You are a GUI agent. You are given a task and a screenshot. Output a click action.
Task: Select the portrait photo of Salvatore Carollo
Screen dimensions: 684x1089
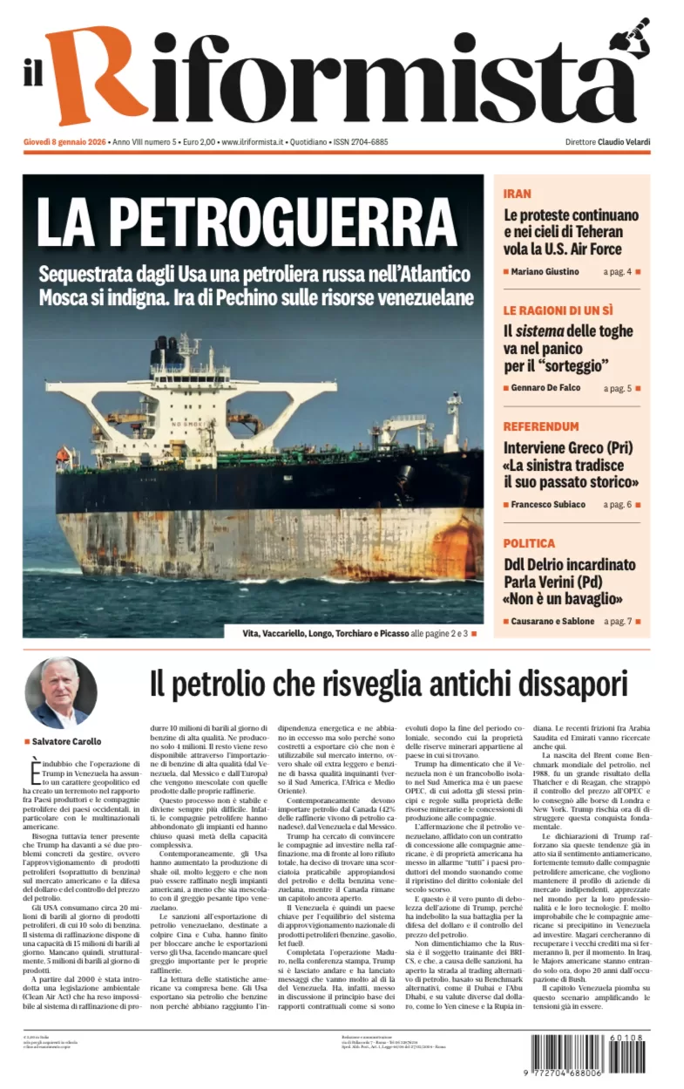pyautogui.click(x=60, y=692)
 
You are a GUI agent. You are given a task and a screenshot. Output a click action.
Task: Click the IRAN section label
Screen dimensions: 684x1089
pyautogui.click(x=517, y=194)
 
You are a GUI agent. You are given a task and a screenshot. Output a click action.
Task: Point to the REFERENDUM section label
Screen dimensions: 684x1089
pyautogui.click(x=540, y=426)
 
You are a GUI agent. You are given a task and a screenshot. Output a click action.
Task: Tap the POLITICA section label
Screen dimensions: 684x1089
pyautogui.click(x=529, y=542)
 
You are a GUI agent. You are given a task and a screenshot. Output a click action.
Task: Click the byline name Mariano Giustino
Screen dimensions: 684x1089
pyautogui.click(x=545, y=271)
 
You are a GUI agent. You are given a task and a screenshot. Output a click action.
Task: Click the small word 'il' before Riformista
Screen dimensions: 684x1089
pyautogui.click(x=33, y=76)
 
